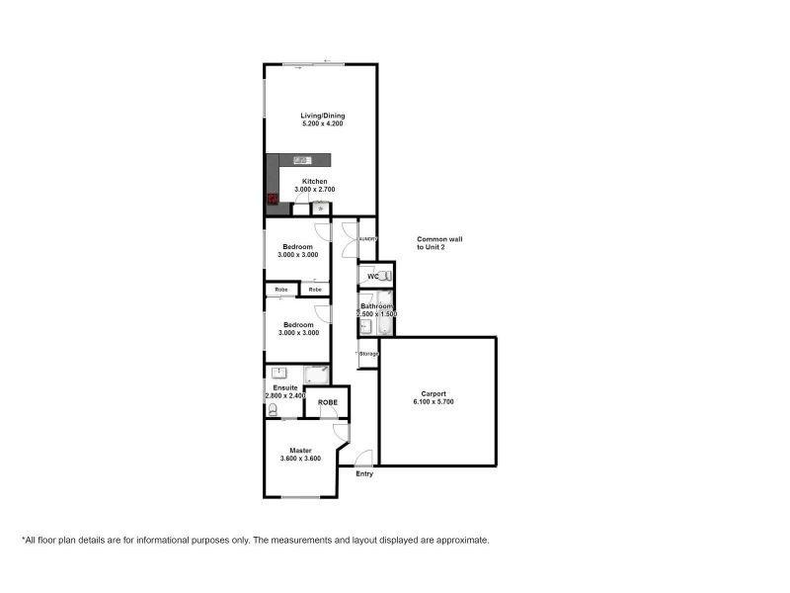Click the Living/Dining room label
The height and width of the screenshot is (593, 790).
323,116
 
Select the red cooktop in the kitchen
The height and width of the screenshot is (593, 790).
273,199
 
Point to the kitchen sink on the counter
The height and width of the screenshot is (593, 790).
301,160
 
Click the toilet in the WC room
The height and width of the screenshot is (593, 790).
385,277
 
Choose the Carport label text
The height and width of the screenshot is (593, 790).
434,393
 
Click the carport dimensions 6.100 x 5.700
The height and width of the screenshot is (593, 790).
434,402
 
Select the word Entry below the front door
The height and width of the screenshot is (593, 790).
365,474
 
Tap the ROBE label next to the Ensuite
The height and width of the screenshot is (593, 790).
327,403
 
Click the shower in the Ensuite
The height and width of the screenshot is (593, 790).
317,374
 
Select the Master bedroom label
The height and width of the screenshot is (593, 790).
300,450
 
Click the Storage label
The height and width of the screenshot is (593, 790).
368,353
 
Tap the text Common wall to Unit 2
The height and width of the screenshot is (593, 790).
439,243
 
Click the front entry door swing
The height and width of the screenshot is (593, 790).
363,459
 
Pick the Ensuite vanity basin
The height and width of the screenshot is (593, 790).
280,373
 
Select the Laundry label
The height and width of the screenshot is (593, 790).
366,238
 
